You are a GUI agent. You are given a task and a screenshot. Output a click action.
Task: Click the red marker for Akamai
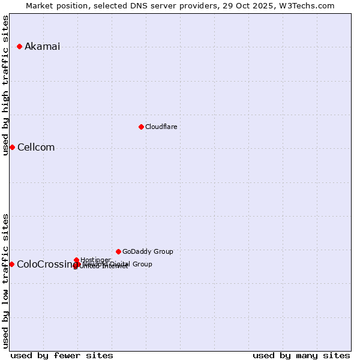point(20,46)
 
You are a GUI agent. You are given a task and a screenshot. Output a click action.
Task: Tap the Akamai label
point(42,47)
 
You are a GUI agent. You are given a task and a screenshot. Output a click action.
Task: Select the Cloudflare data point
point(141,127)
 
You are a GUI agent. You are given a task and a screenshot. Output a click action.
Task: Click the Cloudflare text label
point(161,127)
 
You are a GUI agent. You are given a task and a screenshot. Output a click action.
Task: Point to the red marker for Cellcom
point(12,148)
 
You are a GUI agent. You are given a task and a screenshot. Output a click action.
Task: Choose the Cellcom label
point(36,148)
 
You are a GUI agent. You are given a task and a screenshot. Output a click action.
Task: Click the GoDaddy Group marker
point(118,251)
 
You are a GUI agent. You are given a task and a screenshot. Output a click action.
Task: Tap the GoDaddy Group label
point(148,251)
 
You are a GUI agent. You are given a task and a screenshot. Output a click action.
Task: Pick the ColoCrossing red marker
point(12,264)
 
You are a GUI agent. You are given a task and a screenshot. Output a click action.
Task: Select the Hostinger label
point(95,260)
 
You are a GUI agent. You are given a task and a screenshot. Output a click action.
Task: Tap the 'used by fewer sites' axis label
point(62,355)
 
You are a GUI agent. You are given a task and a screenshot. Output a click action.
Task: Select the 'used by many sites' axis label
point(301,355)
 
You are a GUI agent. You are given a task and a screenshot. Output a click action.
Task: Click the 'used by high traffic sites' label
point(6,85)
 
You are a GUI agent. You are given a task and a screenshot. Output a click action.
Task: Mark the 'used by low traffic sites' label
point(6,280)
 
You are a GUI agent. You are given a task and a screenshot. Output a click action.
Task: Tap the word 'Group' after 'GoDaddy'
point(163,251)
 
